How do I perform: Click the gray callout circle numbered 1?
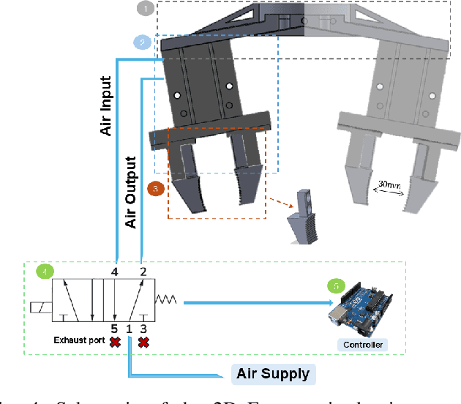tap(146, 10)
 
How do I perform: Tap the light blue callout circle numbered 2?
tap(143, 42)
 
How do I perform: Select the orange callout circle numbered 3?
tap(155, 189)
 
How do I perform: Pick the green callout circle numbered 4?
tap(45, 272)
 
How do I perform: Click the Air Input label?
tap(106, 106)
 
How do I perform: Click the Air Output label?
tap(132, 192)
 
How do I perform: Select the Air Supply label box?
tap(272, 374)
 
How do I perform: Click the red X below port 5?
tap(115, 342)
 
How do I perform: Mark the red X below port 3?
tap(143, 342)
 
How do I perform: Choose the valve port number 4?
tap(115, 272)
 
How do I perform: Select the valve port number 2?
tap(143, 272)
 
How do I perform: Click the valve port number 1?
tap(129, 329)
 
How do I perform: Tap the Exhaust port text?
tap(79, 340)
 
